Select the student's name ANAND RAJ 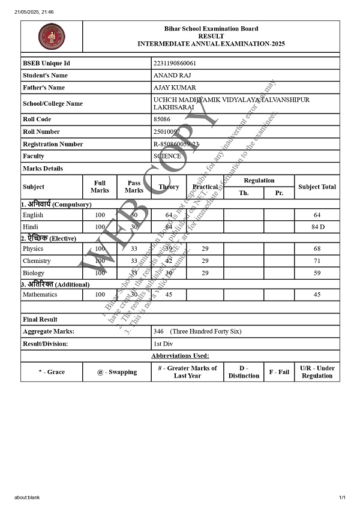pos(169,76)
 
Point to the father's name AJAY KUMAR pos(171,88)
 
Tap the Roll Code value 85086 pos(162,119)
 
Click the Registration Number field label pos(53,144)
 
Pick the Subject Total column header pos(317,187)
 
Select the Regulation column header pos(259,181)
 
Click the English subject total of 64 pos(317,215)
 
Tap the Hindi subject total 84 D pos(317,227)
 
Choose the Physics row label pos(33,248)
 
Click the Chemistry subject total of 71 pos(317,261)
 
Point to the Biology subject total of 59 pos(317,273)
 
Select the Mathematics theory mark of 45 pos(169,295)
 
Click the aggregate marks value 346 pos(159,331)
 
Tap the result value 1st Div pos(163,344)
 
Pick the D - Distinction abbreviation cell pos(244,372)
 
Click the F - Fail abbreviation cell pos(279,372)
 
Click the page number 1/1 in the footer pos(343,498)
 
